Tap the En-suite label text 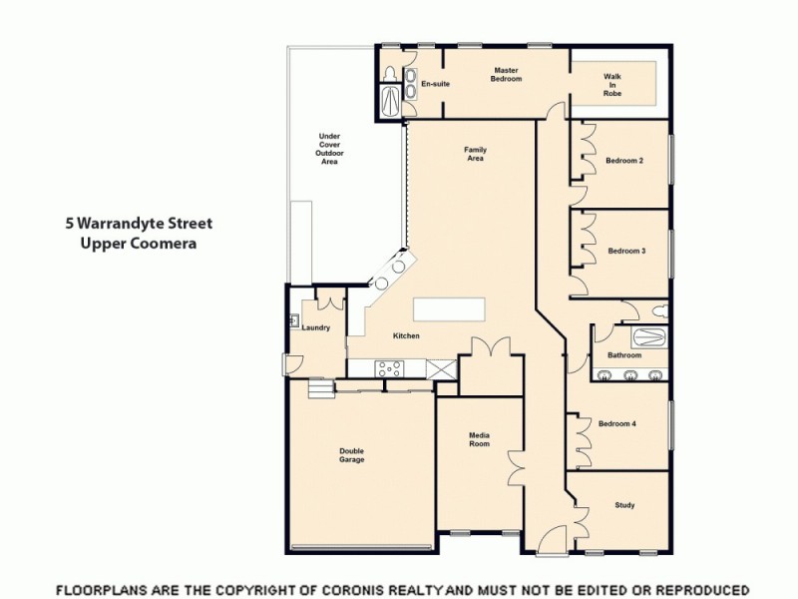point(435,84)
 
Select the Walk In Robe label point(612,85)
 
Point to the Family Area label point(475,154)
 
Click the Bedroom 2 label point(625,161)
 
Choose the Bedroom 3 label point(625,251)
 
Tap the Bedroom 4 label point(617,423)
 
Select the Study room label point(624,505)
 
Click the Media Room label point(480,440)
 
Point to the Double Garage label point(351,455)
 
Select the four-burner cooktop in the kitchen point(388,368)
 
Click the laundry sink point(295,320)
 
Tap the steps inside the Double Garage point(318,388)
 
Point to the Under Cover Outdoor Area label point(329,149)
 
